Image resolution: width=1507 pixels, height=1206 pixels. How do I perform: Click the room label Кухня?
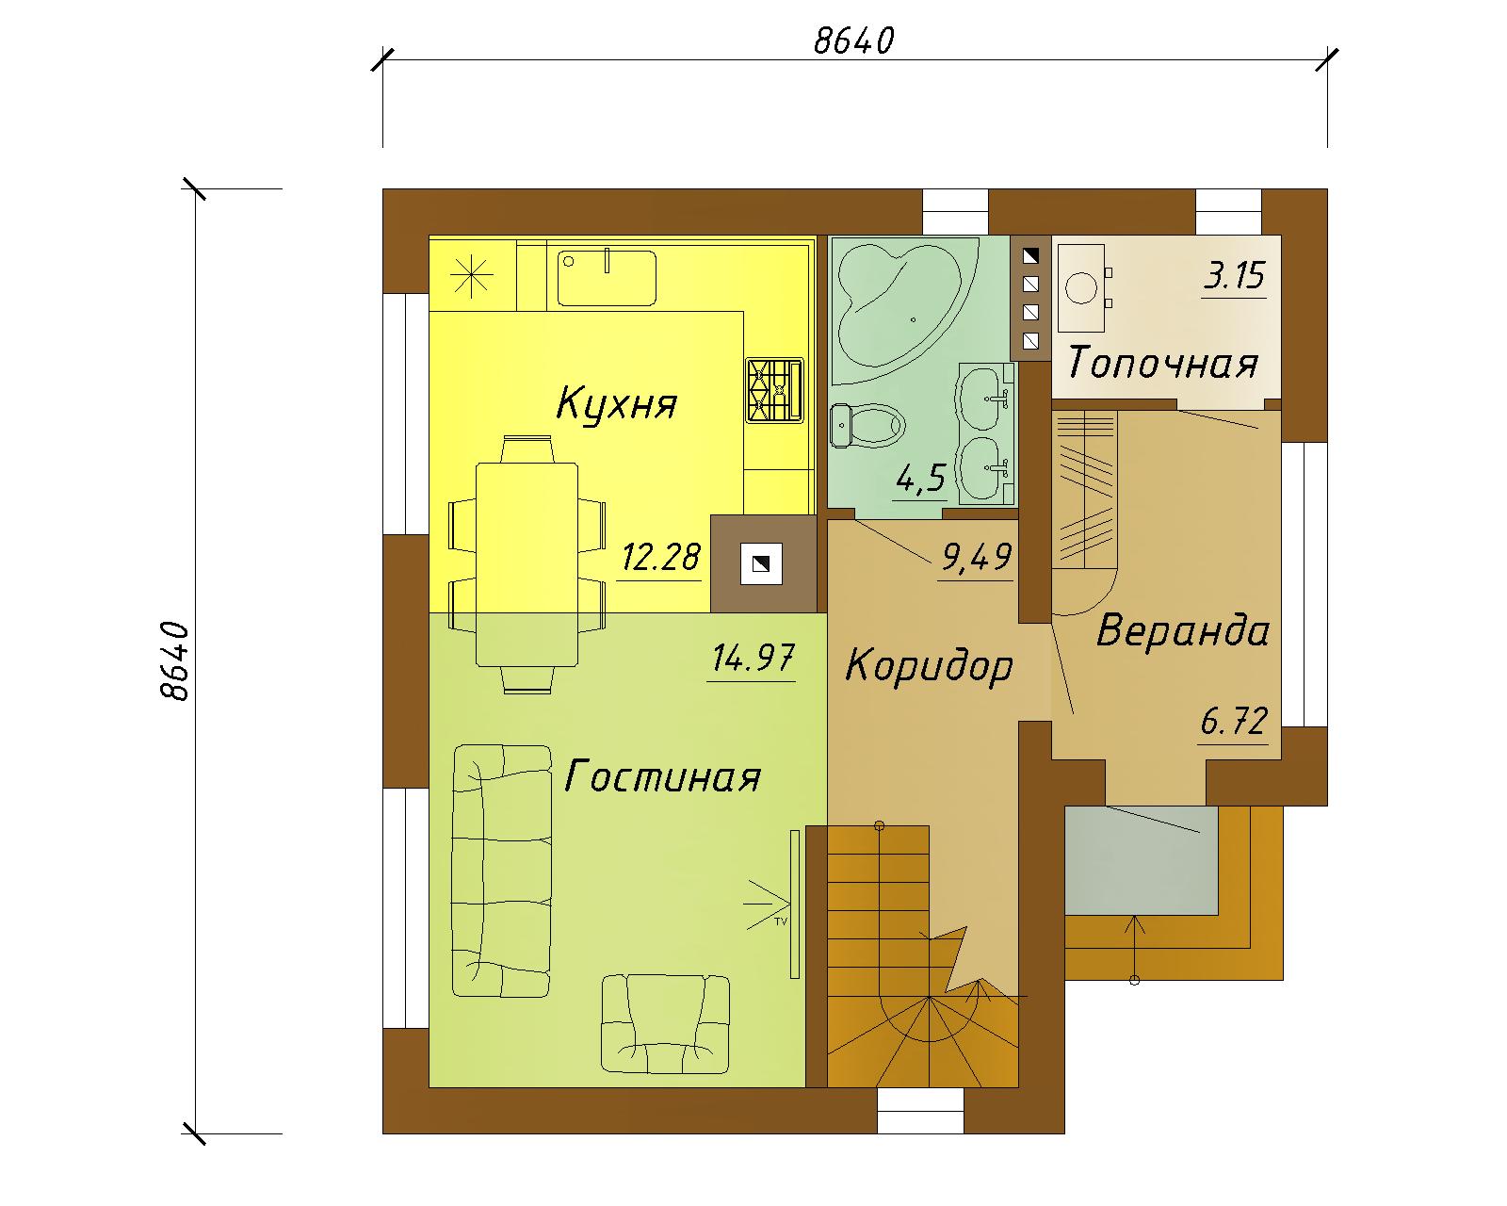(616, 404)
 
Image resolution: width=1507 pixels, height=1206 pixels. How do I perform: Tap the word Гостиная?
(662, 776)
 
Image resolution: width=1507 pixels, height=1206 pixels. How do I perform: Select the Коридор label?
(930, 666)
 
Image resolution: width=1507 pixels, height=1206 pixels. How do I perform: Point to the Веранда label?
(1183, 629)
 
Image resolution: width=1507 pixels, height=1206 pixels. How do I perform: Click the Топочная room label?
(1163, 363)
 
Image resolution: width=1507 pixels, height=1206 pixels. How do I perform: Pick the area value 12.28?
(660, 557)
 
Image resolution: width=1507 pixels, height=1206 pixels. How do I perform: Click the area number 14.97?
(753, 658)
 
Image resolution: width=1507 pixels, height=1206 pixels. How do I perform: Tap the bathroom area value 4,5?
(921, 479)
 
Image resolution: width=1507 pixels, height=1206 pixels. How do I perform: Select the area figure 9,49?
(977, 558)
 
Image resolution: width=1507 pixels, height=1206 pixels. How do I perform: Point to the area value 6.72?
(1234, 721)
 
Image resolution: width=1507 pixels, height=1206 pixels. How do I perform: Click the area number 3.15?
(1235, 275)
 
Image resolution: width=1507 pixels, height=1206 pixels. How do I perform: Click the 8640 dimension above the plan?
(853, 41)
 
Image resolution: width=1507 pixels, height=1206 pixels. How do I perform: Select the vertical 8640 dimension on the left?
(174, 660)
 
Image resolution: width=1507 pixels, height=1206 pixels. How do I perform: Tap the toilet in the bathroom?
(867, 425)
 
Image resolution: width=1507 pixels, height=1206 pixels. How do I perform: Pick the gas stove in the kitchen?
(774, 390)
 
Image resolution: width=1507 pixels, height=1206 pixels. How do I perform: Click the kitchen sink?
(607, 278)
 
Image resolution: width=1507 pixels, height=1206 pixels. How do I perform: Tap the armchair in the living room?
(665, 1024)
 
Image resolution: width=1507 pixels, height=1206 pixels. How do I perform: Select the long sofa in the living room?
(501, 871)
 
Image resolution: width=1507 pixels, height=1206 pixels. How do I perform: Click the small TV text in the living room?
(781, 921)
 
